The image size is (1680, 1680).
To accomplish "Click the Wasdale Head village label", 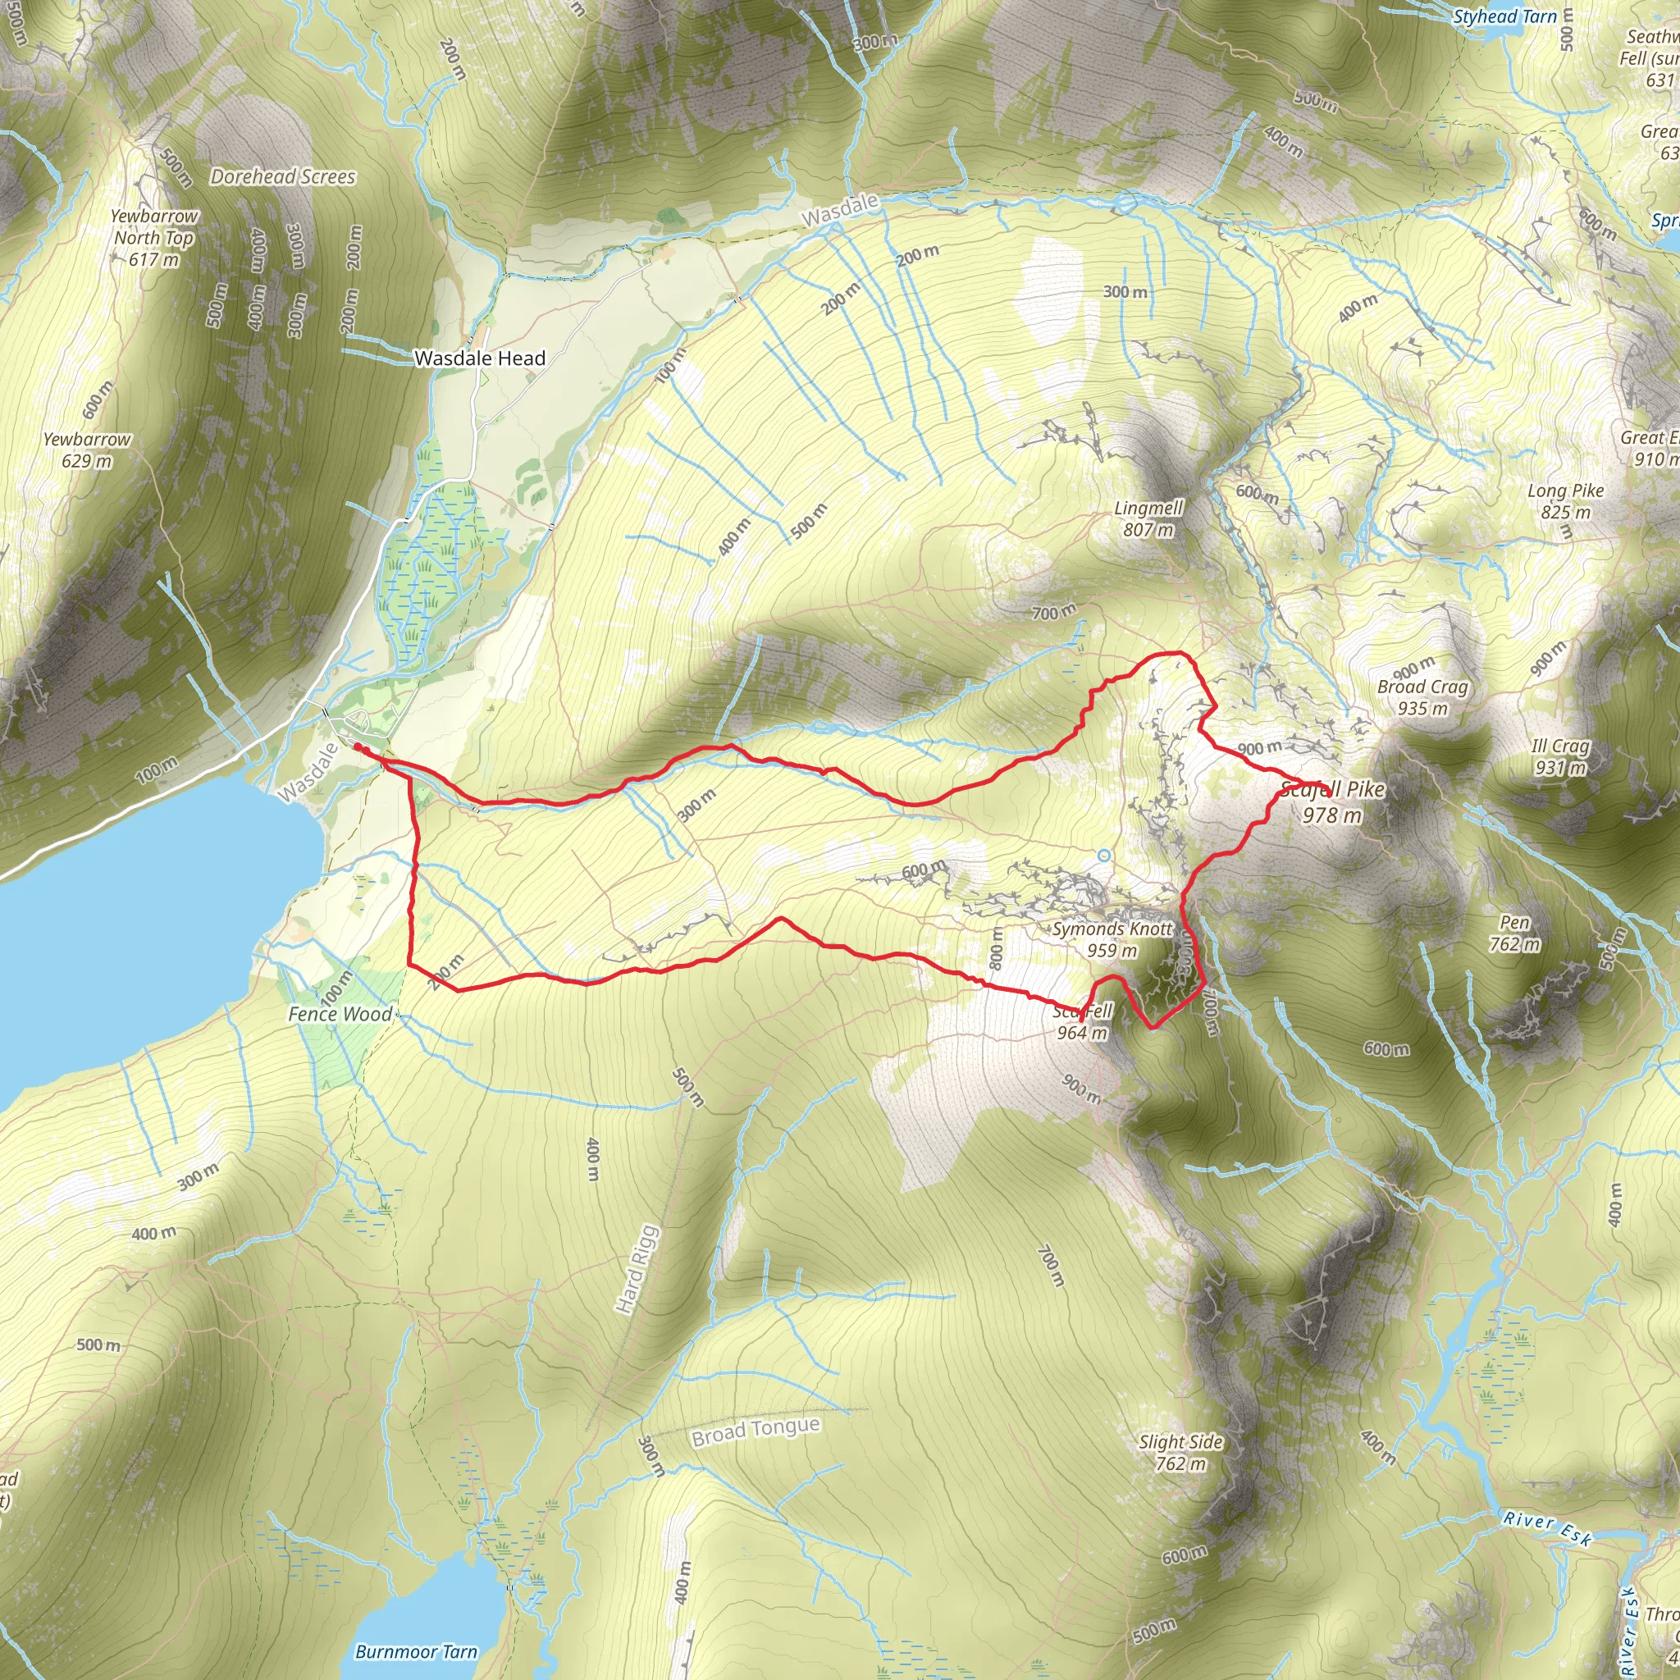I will click(479, 358).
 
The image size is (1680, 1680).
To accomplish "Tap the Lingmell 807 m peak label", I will click(1148, 519).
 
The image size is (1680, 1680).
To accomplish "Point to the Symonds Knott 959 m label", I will click(1112, 939).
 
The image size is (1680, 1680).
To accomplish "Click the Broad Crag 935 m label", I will click(1422, 697).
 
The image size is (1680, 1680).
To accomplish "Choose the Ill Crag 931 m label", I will click(1560, 756).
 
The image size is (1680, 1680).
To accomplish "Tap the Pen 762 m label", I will click(1515, 933).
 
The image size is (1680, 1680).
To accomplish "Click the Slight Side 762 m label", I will click(1181, 1452).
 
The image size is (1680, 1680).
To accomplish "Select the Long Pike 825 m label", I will click(1565, 502).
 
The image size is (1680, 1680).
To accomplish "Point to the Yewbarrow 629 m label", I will click(87, 450).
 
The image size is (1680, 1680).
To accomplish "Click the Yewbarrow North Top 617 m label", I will click(155, 237).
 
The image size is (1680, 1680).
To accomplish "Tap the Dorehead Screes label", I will click(283, 177).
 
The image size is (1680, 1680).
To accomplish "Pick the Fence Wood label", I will click(340, 1014).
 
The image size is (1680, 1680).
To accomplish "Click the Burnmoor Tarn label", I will click(417, 1651).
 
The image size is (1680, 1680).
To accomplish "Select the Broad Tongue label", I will click(756, 1431).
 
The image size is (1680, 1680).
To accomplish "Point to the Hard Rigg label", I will click(637, 1270).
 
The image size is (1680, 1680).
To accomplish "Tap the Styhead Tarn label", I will click(1505, 16).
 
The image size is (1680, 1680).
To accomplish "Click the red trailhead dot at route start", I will click(358, 747).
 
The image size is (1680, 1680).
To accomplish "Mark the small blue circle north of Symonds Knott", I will click(1103, 856).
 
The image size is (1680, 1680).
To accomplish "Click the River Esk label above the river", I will click(1547, 1530).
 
